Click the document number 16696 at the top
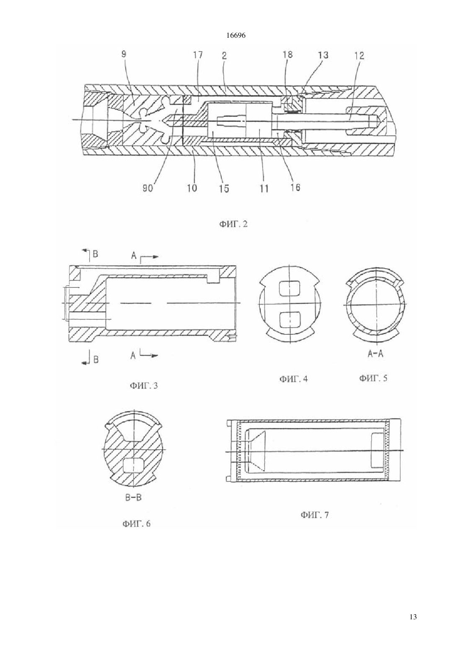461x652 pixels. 236,36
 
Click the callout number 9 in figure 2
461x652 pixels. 124,54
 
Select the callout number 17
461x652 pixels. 197,55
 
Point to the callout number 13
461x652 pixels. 323,55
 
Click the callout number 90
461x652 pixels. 147,188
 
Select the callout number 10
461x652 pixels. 192,188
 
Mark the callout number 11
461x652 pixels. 264,189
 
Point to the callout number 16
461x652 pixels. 295,187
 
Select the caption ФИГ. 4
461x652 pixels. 293,379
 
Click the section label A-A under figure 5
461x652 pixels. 376,354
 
